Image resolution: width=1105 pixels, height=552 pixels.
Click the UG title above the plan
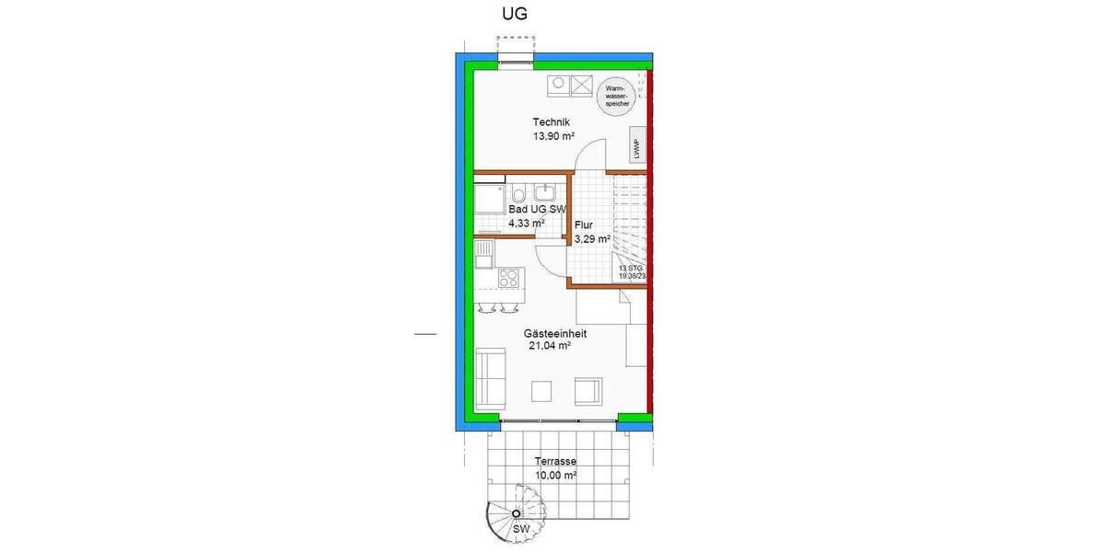click(x=515, y=14)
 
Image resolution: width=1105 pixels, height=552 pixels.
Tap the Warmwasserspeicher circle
click(x=615, y=96)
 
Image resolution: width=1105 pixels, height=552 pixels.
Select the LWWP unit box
click(x=636, y=146)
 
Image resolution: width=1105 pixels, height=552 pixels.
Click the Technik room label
click(x=552, y=122)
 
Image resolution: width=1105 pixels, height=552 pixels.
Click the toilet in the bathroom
click(x=519, y=194)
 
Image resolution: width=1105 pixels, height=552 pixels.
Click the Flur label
click(x=583, y=224)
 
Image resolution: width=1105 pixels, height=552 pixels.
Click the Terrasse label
click(x=555, y=462)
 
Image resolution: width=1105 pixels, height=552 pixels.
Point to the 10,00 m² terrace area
click(x=555, y=476)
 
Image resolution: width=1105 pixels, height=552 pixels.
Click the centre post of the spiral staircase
click(x=517, y=513)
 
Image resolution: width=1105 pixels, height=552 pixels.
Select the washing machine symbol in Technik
click(x=558, y=86)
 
